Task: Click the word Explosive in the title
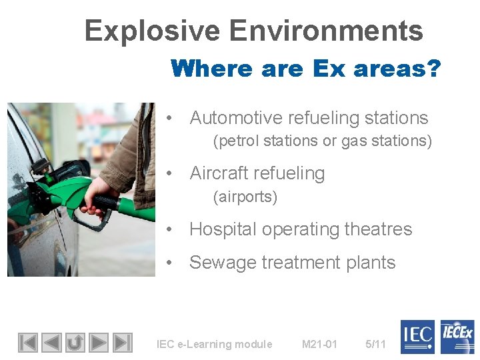coord(152,31)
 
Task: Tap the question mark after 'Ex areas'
coord(433,69)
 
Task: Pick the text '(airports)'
coord(245,197)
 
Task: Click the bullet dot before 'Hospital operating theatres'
coord(171,229)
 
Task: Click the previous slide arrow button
coord(51,343)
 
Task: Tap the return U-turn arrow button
coord(75,343)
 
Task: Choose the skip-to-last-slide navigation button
coord(123,343)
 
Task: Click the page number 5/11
coord(375,344)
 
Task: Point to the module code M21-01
coord(319,344)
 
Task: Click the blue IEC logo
coord(417,337)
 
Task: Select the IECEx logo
coord(456,337)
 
